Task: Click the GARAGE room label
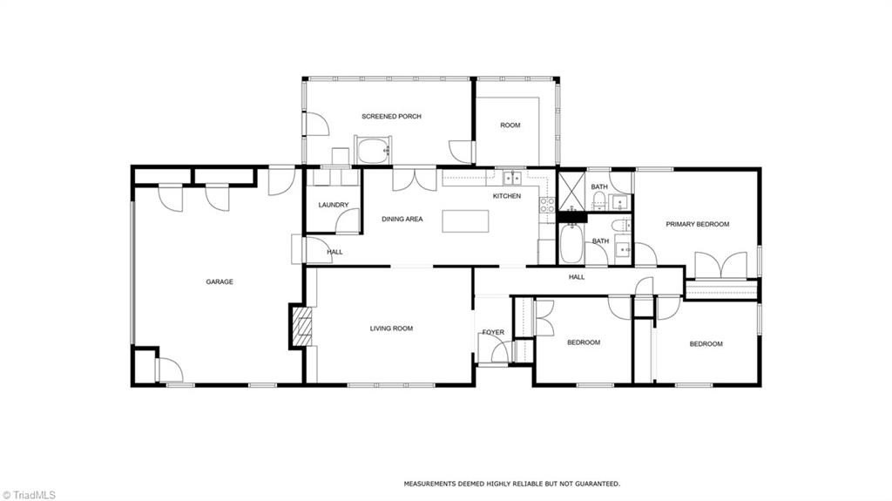219,281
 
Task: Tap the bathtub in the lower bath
571,244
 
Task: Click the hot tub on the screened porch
375,150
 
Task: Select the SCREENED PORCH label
391,116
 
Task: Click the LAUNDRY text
333,206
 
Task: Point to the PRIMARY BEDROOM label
697,224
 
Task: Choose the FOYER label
493,332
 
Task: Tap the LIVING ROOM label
391,328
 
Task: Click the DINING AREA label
402,219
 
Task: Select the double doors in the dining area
415,179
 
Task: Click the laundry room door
348,222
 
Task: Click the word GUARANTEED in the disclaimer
595,483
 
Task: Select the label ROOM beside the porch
510,125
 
